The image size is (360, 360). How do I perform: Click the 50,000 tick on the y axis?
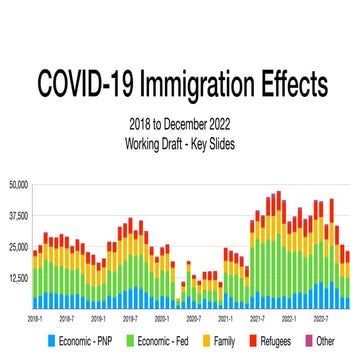17,184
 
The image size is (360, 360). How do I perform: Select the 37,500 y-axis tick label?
17,215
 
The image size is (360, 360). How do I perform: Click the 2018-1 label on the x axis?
35,317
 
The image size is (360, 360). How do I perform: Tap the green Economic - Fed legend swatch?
129,341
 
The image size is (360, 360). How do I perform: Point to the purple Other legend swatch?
308,341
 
